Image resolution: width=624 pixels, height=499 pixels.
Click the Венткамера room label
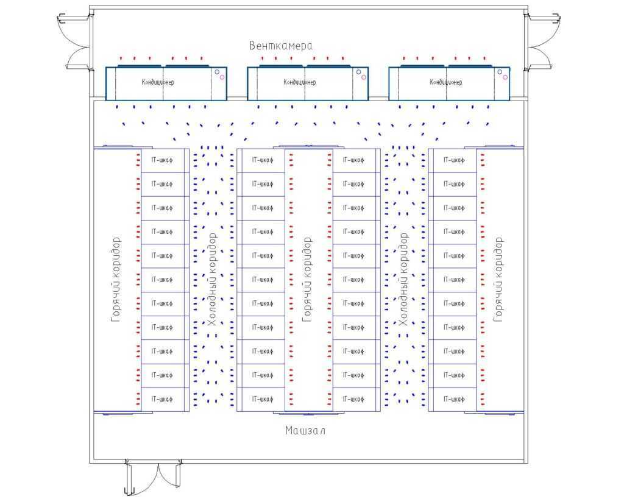[x=281, y=46]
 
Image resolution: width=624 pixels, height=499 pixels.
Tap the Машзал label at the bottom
[x=305, y=431]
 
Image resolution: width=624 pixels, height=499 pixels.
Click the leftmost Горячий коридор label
[x=116, y=279]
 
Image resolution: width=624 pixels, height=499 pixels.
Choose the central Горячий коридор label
[x=307, y=279]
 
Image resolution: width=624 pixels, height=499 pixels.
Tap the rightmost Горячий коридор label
[x=498, y=279]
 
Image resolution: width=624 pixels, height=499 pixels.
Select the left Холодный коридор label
[x=211, y=279]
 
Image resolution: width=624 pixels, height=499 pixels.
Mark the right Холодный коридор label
[x=403, y=279]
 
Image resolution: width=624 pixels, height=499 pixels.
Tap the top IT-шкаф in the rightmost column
[x=452, y=160]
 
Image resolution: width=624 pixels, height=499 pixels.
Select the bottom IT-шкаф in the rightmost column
[x=452, y=399]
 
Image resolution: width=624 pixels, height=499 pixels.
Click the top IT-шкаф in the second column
[x=261, y=160]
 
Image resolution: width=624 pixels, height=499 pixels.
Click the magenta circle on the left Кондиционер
[x=222, y=77]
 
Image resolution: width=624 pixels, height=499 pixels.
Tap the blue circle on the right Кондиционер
[x=500, y=72]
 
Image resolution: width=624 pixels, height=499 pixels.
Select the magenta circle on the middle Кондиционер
[x=363, y=77]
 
